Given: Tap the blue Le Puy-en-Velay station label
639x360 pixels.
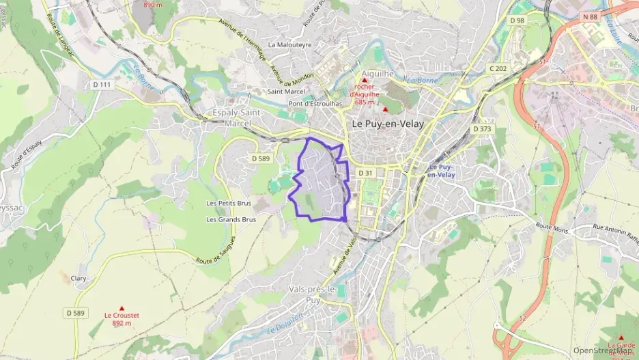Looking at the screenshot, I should [x=442, y=171].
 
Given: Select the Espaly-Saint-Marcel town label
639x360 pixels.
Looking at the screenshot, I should [x=238, y=117].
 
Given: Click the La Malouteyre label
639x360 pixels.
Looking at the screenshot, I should [x=289, y=44].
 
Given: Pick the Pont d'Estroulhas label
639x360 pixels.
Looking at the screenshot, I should [x=315, y=104].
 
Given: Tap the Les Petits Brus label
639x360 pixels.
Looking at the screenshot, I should [x=229, y=204].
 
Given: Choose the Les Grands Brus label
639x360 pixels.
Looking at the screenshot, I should [x=231, y=220].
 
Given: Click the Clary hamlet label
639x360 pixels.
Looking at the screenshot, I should [x=79, y=278].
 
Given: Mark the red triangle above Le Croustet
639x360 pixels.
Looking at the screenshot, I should [x=122, y=308].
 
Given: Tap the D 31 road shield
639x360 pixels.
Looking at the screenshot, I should [x=365, y=174].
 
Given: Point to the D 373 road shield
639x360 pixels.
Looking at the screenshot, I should [x=482, y=129].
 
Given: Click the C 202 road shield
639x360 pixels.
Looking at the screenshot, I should [x=498, y=68].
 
